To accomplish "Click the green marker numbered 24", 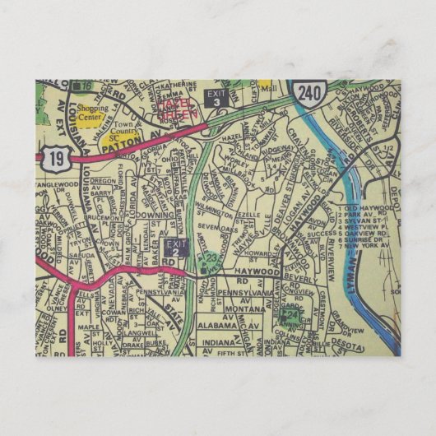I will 290,314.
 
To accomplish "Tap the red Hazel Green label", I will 180,108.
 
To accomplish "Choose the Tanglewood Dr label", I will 57,186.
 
